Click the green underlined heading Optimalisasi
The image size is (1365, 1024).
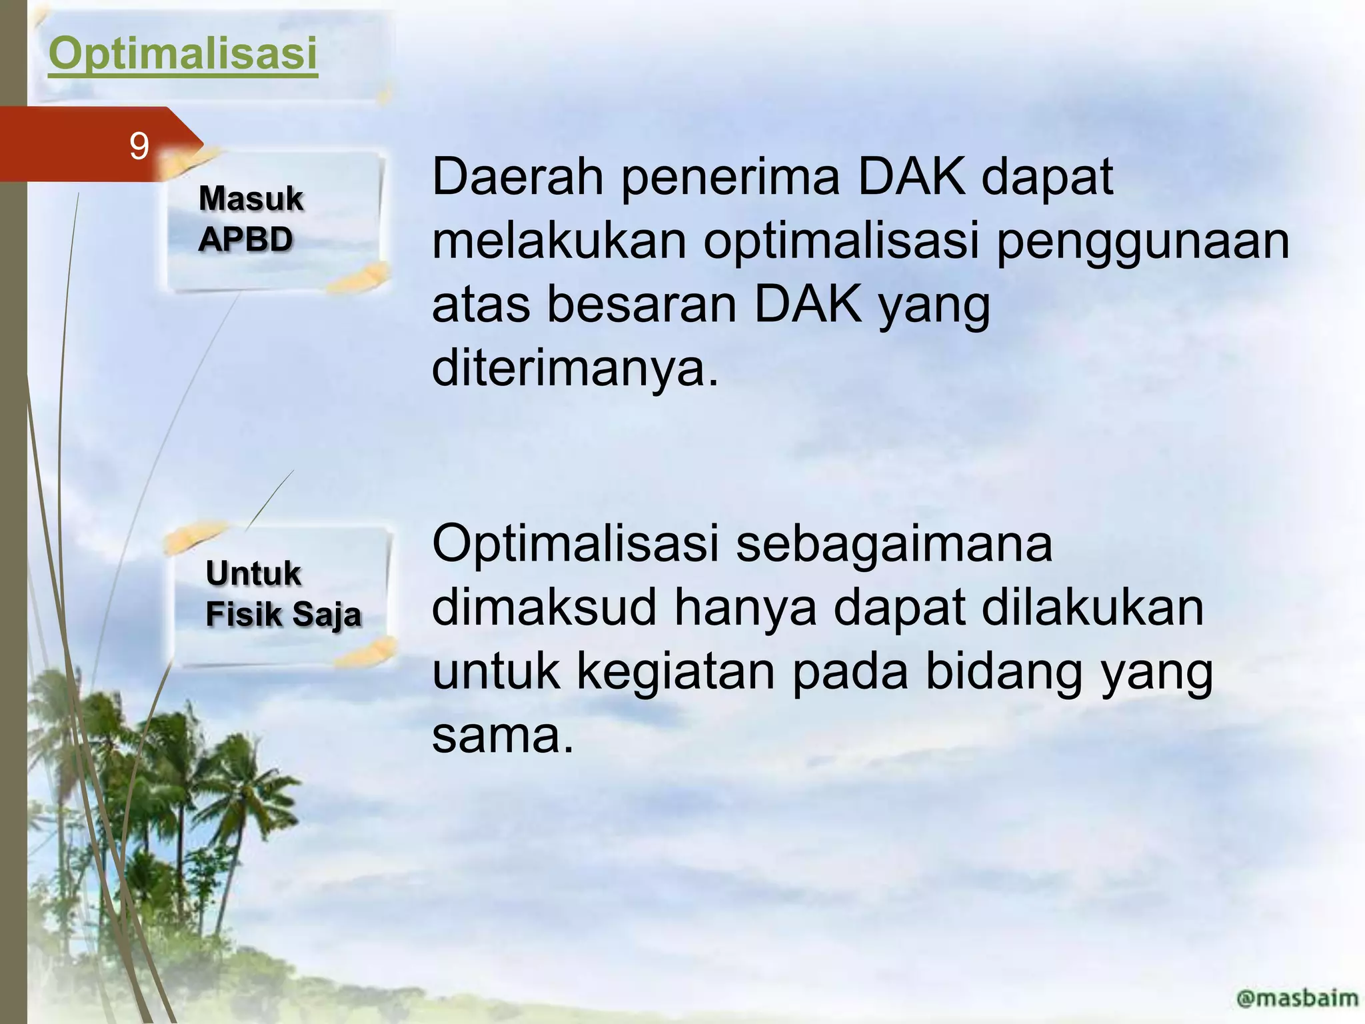[183, 54]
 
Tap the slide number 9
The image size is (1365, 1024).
[139, 147]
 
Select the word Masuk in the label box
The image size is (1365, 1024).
[251, 199]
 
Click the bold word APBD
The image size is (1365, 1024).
[245, 239]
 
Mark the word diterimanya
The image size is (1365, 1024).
[575, 369]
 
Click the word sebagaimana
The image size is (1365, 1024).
[894, 544]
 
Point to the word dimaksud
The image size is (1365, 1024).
[544, 607]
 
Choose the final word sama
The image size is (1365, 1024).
[502, 736]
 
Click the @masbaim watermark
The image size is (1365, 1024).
[1296, 997]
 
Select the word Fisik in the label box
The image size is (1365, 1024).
[243, 615]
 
